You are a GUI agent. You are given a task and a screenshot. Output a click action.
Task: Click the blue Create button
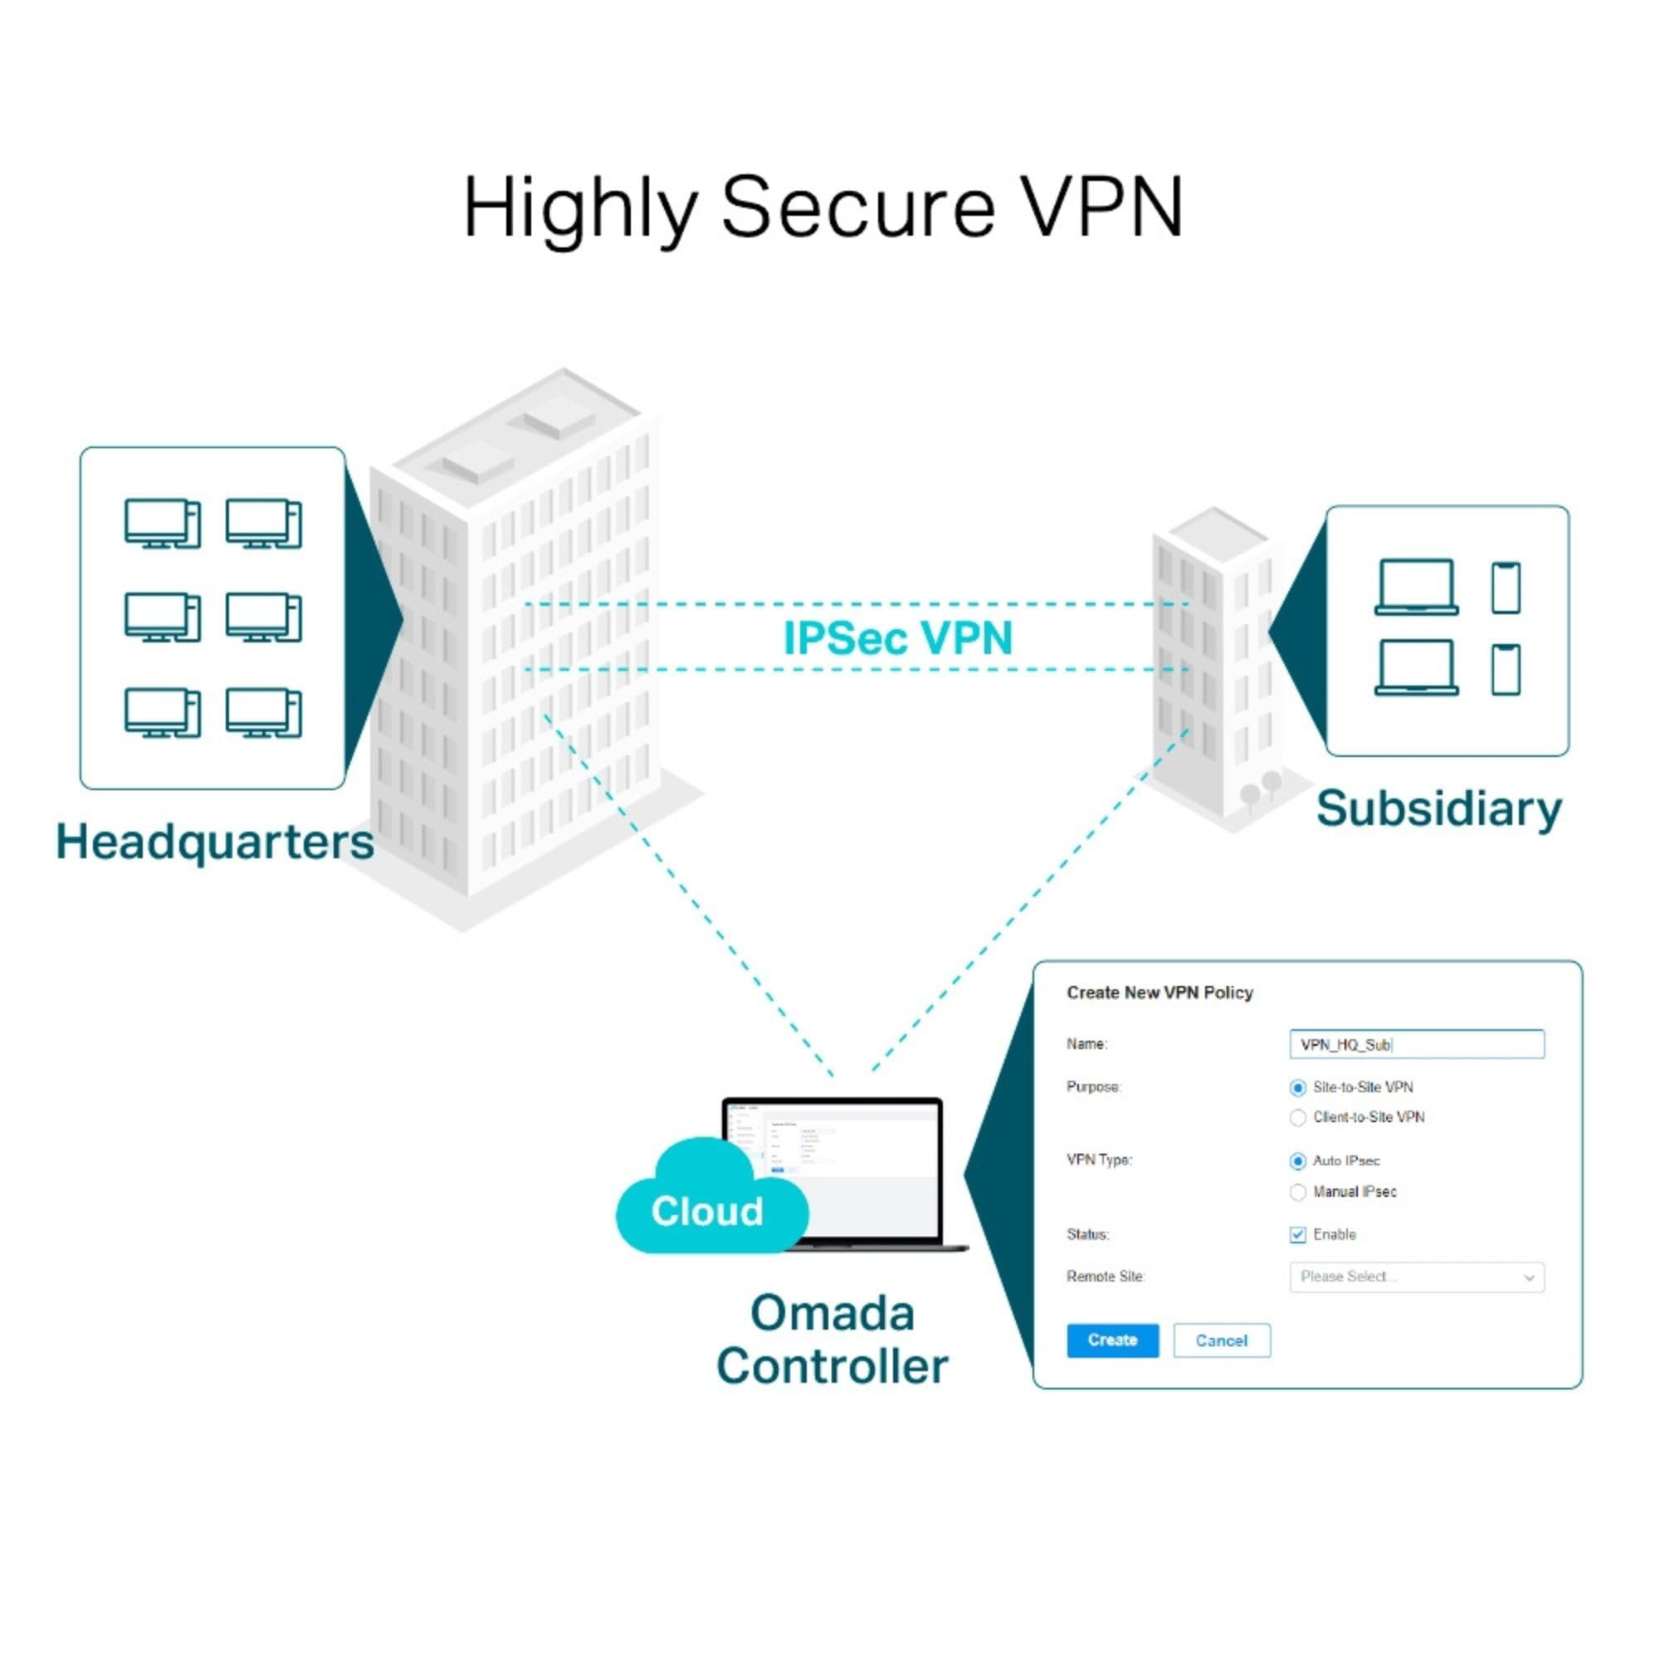(x=1112, y=1340)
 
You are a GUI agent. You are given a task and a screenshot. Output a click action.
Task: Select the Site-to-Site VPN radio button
(x=1297, y=1088)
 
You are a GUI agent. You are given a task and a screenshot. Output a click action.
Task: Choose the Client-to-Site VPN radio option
(x=1297, y=1118)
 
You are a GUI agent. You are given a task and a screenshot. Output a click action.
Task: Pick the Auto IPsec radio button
(x=1297, y=1162)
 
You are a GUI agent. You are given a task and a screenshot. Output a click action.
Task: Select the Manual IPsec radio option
(x=1297, y=1193)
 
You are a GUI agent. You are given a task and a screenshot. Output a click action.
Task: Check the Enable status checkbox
(x=1297, y=1235)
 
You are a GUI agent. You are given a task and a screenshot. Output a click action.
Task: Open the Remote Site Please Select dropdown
(x=1416, y=1277)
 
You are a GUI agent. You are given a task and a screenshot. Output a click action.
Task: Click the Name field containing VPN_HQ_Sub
(x=1416, y=1045)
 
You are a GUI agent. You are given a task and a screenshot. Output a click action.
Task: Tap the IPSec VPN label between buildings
(x=898, y=638)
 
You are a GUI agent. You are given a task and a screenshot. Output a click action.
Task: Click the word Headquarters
(x=215, y=841)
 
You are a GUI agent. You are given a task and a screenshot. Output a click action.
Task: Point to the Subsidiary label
(x=1438, y=808)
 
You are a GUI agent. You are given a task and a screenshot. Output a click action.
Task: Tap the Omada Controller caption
(x=832, y=1340)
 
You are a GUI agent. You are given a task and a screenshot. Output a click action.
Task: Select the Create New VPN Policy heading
(x=1159, y=993)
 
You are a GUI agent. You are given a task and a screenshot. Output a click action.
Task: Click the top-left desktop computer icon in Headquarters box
(x=162, y=522)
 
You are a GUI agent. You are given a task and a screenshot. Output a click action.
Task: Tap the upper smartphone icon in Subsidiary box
(x=1506, y=588)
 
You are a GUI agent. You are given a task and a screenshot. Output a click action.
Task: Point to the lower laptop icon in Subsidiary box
(x=1416, y=667)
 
